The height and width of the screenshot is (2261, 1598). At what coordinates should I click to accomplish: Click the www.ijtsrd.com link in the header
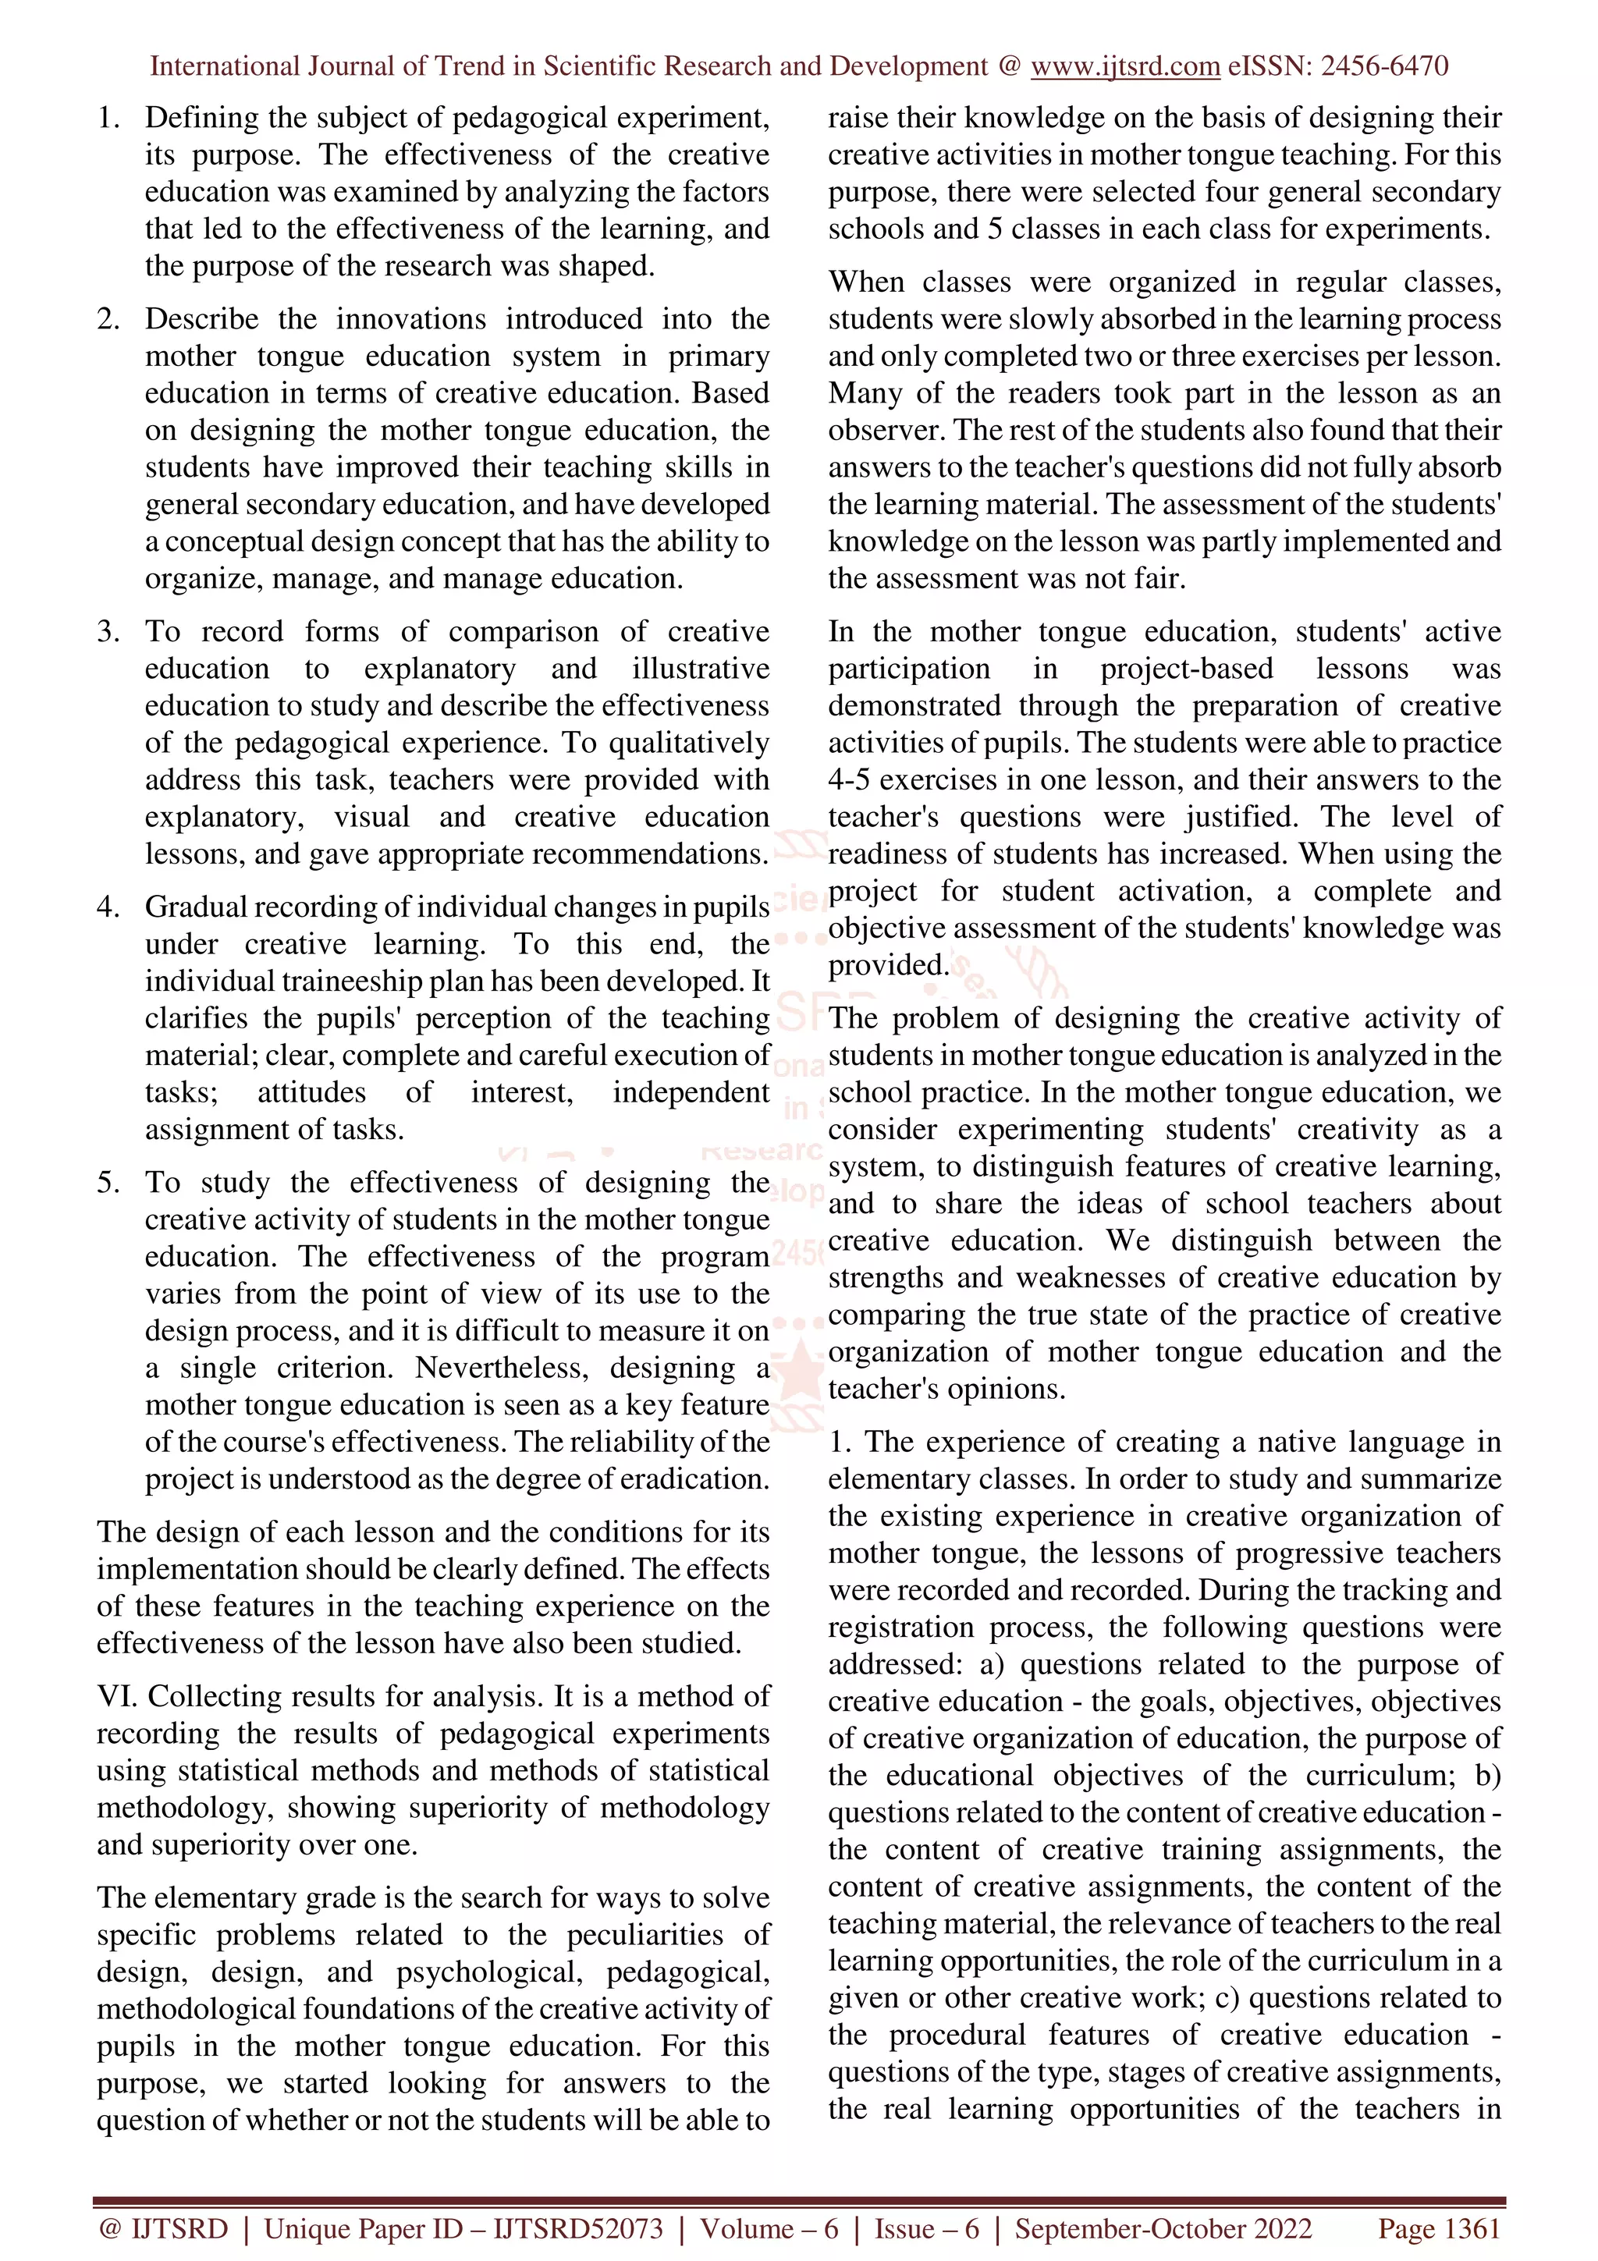pos(1124,66)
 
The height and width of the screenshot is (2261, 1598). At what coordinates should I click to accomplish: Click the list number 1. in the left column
pos(108,118)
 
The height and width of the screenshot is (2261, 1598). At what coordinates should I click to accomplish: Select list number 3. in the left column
pos(108,631)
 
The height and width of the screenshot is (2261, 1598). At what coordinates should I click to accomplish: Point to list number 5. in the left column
pos(108,1182)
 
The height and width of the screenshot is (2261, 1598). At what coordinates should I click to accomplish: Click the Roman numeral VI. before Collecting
pos(117,1696)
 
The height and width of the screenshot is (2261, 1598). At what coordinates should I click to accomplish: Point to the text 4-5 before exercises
pos(849,780)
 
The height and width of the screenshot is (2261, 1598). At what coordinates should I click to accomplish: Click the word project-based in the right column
pos(1185,669)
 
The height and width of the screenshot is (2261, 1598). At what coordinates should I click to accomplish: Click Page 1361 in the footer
pos(1439,2228)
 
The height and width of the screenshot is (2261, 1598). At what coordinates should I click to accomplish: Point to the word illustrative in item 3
pos(700,669)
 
